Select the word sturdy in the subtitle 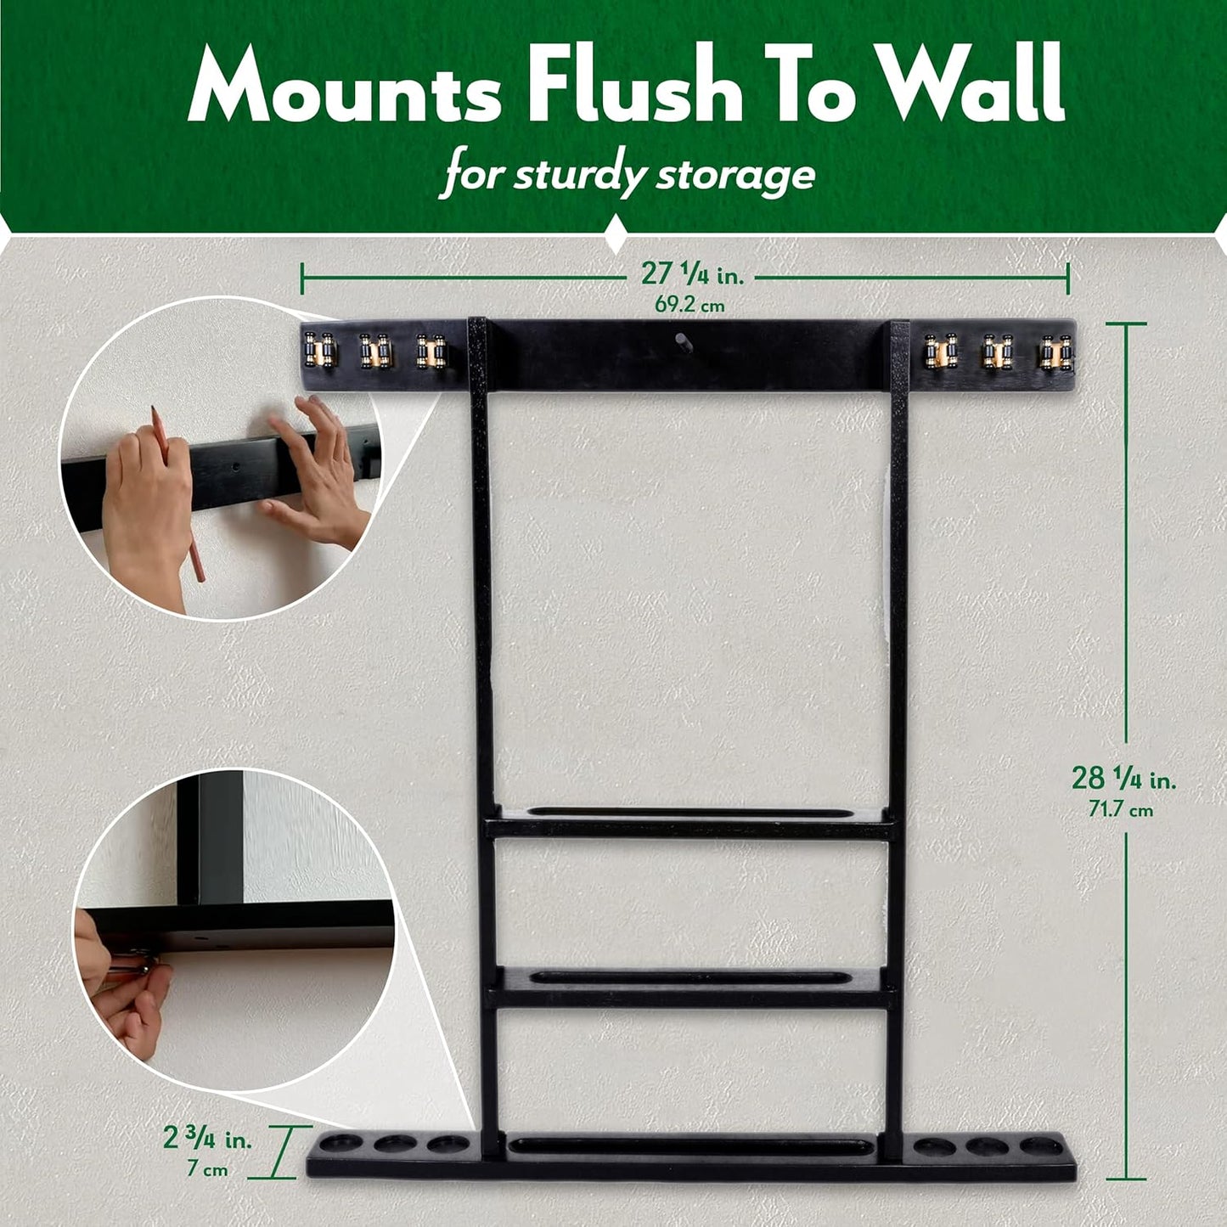[x=577, y=174]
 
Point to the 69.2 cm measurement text [x=689, y=305]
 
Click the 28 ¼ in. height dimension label [x=1123, y=778]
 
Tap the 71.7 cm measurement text [x=1121, y=810]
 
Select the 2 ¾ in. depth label [x=207, y=1139]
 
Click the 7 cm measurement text [x=207, y=1169]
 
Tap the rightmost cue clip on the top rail [x=1055, y=352]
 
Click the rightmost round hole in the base [x=1041, y=1146]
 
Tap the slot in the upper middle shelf [x=691, y=813]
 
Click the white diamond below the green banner [x=615, y=234]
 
